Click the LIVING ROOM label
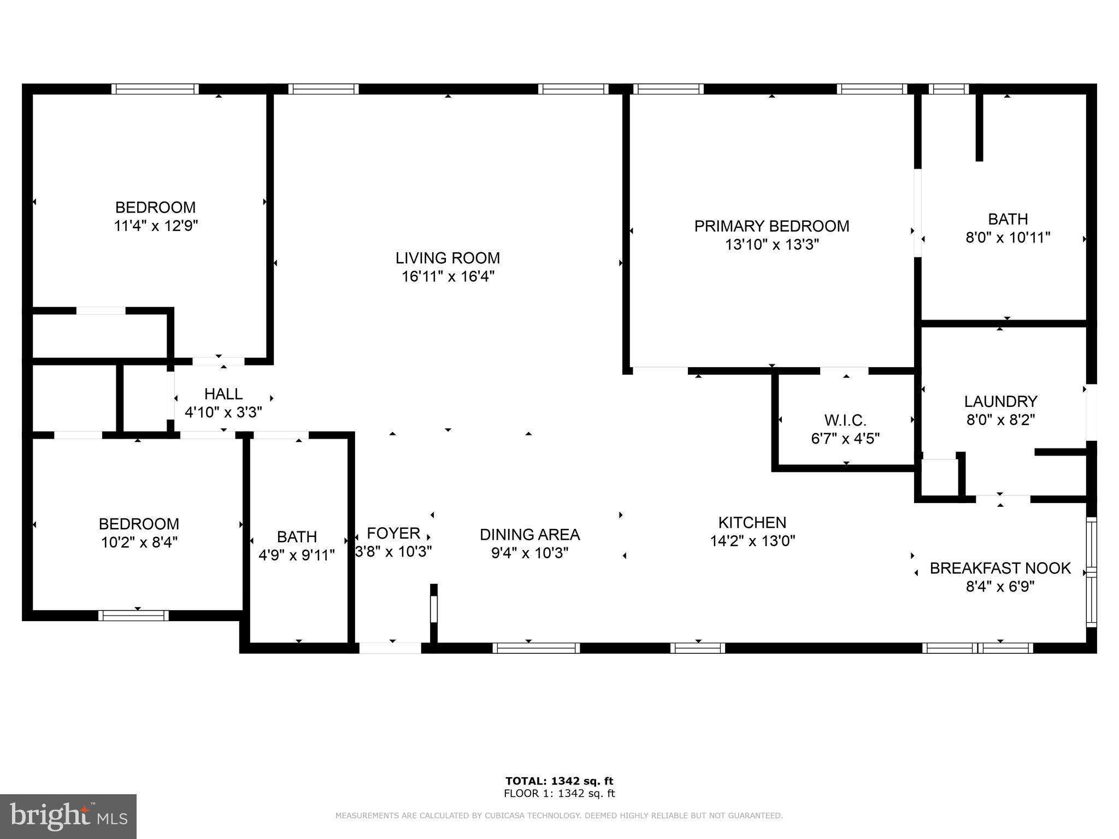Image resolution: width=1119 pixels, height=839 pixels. click(447, 258)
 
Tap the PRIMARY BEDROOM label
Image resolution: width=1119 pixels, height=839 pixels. click(771, 226)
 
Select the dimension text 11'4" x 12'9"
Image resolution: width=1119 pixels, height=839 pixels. click(155, 226)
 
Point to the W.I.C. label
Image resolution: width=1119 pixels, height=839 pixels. click(845, 421)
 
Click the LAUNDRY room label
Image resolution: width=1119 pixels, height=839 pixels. click(1000, 401)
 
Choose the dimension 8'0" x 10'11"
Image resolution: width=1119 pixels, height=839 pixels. click(1008, 238)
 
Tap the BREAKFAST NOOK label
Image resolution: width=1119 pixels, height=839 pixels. click(1000, 568)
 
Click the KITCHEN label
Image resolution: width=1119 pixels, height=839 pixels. click(752, 523)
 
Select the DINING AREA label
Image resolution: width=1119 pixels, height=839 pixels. click(529, 535)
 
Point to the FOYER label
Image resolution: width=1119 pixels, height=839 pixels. click(393, 533)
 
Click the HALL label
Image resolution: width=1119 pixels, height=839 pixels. click(223, 394)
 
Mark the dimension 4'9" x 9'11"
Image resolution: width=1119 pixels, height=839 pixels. click(296, 556)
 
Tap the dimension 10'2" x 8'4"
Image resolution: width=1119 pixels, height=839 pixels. click(139, 542)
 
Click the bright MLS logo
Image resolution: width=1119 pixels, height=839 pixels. click(68, 817)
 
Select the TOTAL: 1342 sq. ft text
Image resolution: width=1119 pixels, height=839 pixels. click(559, 781)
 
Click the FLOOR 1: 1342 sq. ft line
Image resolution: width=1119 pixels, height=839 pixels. click(559, 794)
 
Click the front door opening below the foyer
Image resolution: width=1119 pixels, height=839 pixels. click(390, 648)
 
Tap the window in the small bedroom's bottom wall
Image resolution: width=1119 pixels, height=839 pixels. click(133, 616)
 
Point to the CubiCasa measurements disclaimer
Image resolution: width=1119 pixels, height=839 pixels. click(559, 816)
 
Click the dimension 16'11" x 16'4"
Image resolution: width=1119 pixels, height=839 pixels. click(447, 276)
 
